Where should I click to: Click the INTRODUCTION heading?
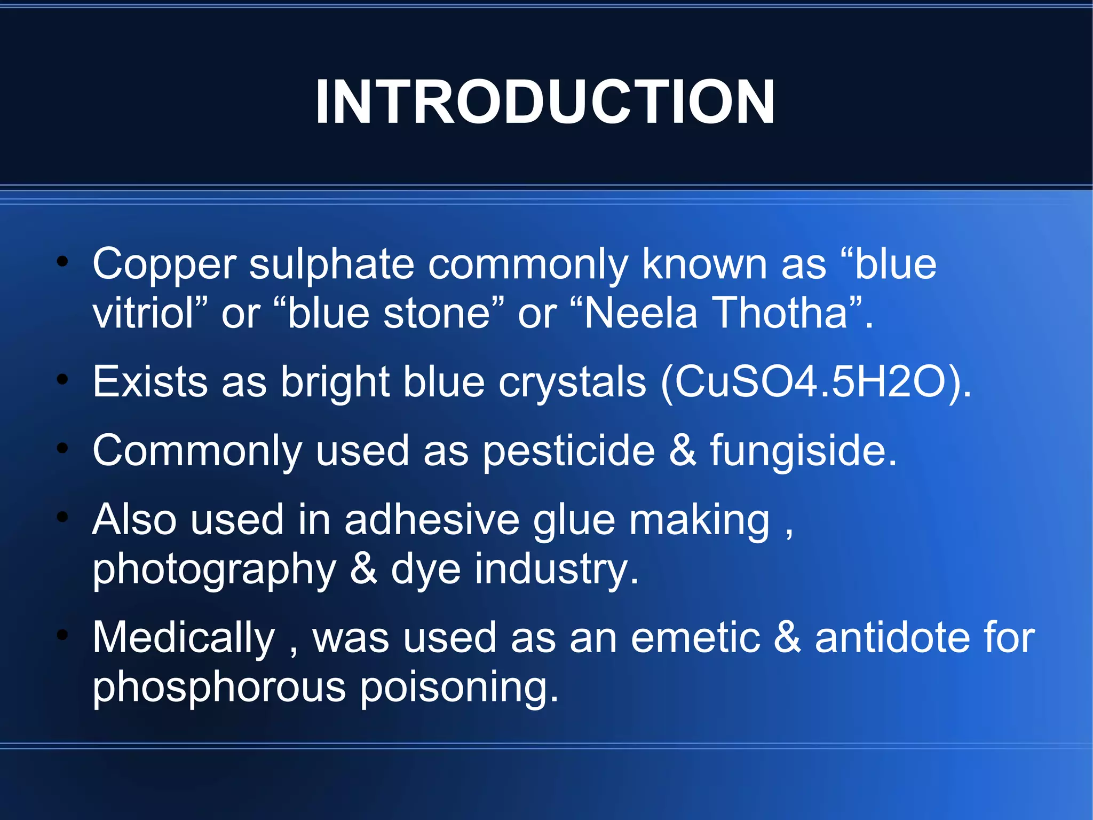tap(545, 101)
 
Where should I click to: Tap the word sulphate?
tap(331, 264)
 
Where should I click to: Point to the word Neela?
tap(640, 314)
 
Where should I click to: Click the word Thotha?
tap(780, 314)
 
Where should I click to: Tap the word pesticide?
tap(568, 452)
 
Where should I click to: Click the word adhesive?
tap(432, 520)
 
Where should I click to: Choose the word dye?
tap(425, 571)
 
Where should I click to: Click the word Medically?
tap(184, 638)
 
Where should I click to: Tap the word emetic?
tap(695, 638)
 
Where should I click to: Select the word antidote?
tap(891, 638)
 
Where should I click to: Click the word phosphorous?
tap(219, 688)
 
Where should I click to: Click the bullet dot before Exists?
tap(63, 380)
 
